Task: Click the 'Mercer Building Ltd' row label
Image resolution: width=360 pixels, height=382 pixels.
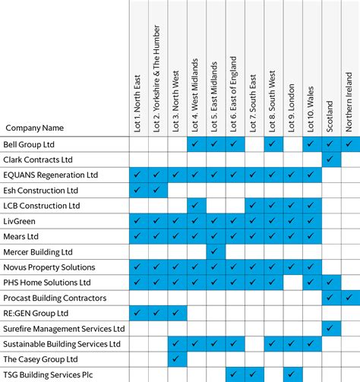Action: (38, 251)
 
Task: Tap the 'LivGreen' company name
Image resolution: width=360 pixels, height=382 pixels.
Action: (20, 221)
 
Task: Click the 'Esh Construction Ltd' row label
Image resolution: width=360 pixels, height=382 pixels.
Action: (41, 190)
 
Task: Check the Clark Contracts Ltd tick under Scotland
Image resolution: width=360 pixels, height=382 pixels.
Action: (330, 159)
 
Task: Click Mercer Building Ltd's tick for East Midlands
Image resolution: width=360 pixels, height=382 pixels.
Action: (215, 251)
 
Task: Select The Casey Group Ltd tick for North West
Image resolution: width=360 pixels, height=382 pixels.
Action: (177, 359)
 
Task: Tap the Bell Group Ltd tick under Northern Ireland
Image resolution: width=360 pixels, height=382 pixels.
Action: (349, 144)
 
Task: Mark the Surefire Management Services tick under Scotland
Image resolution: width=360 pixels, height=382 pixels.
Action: (330, 328)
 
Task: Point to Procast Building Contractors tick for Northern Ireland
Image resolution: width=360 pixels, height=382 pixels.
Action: (349, 298)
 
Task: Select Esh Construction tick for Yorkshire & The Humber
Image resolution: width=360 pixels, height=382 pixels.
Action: (157, 190)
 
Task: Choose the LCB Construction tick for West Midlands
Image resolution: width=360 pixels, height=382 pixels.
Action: (196, 205)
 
